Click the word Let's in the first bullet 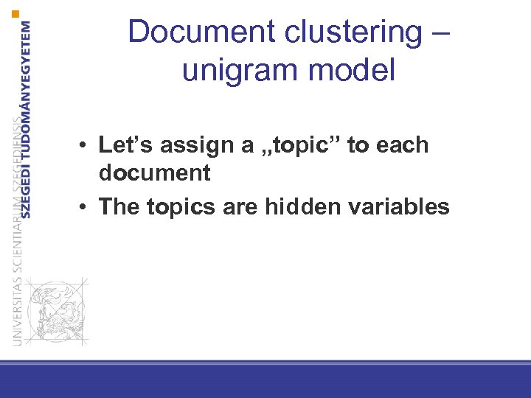(125, 145)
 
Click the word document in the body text (154, 173)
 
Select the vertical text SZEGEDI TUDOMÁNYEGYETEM (27, 118)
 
